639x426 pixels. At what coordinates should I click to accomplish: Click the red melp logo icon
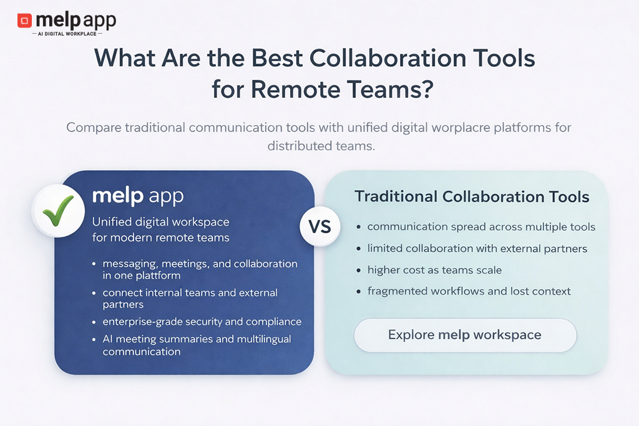click(24, 21)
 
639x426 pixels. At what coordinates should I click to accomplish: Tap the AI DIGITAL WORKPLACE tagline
click(67, 34)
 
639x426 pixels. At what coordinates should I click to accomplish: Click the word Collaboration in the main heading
click(388, 58)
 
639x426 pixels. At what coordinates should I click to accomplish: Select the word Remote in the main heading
click(295, 89)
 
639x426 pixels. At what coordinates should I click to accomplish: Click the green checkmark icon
click(58, 211)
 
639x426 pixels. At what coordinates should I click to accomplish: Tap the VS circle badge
click(320, 226)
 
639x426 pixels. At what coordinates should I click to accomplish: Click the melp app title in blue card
click(138, 196)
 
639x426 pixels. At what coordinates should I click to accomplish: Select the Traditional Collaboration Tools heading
click(472, 196)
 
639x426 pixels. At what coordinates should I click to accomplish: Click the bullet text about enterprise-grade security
click(202, 322)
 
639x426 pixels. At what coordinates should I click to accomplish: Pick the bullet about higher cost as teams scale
click(434, 270)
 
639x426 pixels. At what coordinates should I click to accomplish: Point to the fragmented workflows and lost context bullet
click(469, 291)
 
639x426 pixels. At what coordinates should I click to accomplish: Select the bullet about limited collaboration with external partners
click(477, 248)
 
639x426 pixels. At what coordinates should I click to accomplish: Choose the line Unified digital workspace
click(160, 222)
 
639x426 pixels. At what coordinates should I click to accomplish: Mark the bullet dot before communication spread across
click(359, 227)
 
